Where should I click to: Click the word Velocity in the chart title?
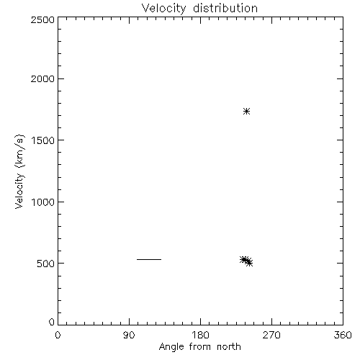click(164, 9)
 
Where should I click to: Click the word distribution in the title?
click(225, 8)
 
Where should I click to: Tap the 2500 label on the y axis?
click(42, 19)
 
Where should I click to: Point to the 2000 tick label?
click(42, 78)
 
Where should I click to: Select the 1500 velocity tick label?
click(43, 140)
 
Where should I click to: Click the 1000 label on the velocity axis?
click(43, 202)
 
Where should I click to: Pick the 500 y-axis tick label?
click(46, 264)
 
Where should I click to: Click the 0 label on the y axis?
click(52, 322)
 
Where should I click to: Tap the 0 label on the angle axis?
click(58, 335)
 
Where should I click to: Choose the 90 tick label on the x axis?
click(129, 335)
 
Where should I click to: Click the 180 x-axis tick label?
click(200, 335)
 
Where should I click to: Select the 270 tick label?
click(271, 335)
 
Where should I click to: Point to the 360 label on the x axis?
click(343, 335)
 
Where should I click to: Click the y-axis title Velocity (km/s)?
click(19, 171)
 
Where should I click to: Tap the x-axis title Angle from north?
click(200, 347)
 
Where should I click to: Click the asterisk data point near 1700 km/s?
click(246, 112)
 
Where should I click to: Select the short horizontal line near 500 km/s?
click(149, 259)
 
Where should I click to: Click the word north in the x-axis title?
click(229, 346)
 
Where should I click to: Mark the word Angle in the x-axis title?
click(171, 347)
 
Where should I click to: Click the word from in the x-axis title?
click(200, 346)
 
